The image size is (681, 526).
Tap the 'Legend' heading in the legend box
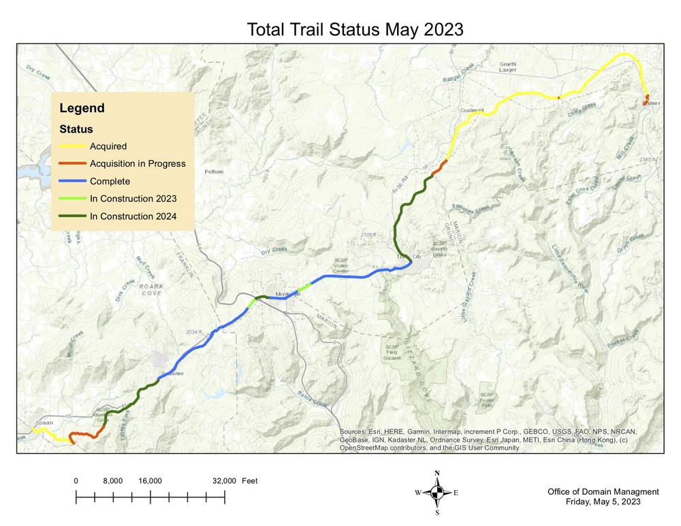click(82, 108)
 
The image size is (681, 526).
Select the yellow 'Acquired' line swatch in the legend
click(72, 146)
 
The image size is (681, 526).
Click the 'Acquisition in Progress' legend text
click(138, 163)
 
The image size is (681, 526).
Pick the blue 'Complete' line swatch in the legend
click(72, 181)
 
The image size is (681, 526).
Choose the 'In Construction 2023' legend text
click(133, 199)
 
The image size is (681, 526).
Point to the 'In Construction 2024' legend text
click(133, 216)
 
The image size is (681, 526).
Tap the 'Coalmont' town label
click(472, 110)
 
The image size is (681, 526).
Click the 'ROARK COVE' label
click(151, 290)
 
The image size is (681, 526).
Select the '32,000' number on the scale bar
click(224, 481)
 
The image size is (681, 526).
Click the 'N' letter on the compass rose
click(437, 473)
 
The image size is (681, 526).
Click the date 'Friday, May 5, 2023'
click(603, 502)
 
